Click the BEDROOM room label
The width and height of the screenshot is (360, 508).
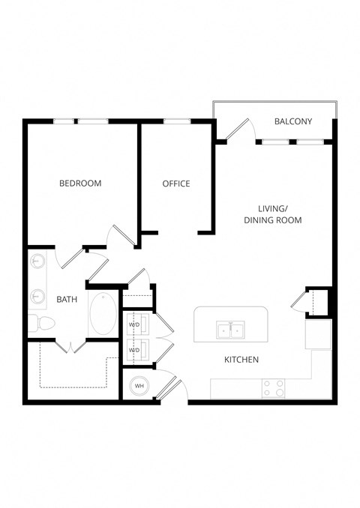coord(80,183)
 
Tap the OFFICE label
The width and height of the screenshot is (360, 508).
coord(176,184)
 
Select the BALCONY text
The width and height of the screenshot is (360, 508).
coord(293,121)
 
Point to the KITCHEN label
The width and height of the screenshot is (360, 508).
coord(241,360)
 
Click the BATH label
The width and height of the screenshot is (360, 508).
coord(67,300)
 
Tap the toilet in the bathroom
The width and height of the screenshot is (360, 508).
coord(41,323)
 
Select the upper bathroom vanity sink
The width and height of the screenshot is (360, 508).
coord(37,262)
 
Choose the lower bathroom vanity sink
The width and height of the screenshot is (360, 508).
coord(37,297)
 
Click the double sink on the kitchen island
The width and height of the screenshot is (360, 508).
coord(229,329)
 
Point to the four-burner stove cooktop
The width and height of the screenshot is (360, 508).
coord(274,388)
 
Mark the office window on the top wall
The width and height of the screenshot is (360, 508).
coord(176,121)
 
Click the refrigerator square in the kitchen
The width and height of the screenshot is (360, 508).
coord(318,334)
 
